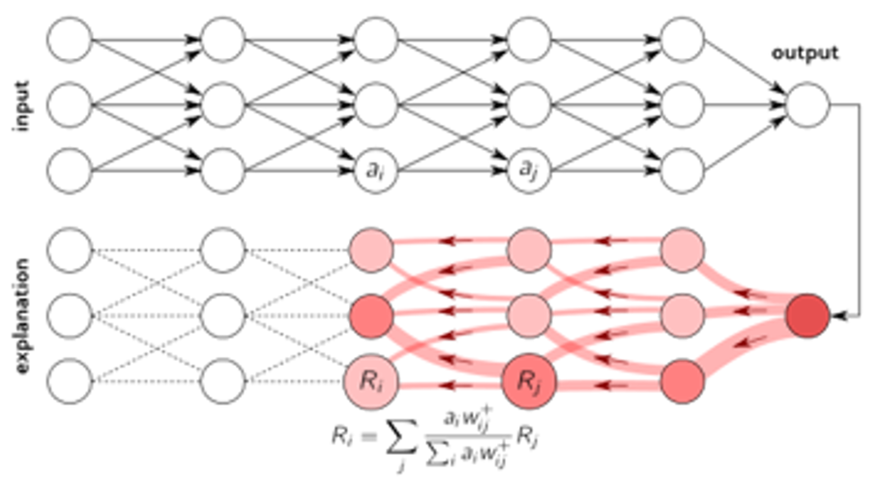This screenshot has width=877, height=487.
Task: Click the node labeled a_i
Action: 376,171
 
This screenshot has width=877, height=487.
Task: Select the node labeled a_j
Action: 529,171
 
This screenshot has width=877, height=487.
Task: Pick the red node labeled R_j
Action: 529,382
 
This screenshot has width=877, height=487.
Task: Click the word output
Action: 805,53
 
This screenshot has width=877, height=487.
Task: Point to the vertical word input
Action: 22,106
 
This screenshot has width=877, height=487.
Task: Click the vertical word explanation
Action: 22,316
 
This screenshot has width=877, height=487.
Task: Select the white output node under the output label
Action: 808,104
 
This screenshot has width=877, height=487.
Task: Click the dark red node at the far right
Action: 807,315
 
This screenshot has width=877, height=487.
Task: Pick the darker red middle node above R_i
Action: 371,316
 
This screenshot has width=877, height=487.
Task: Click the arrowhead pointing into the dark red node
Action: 838,316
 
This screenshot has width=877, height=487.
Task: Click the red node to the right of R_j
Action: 682,382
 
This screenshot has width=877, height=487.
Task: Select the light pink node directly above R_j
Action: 529,316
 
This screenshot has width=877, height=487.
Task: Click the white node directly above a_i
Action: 376,104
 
